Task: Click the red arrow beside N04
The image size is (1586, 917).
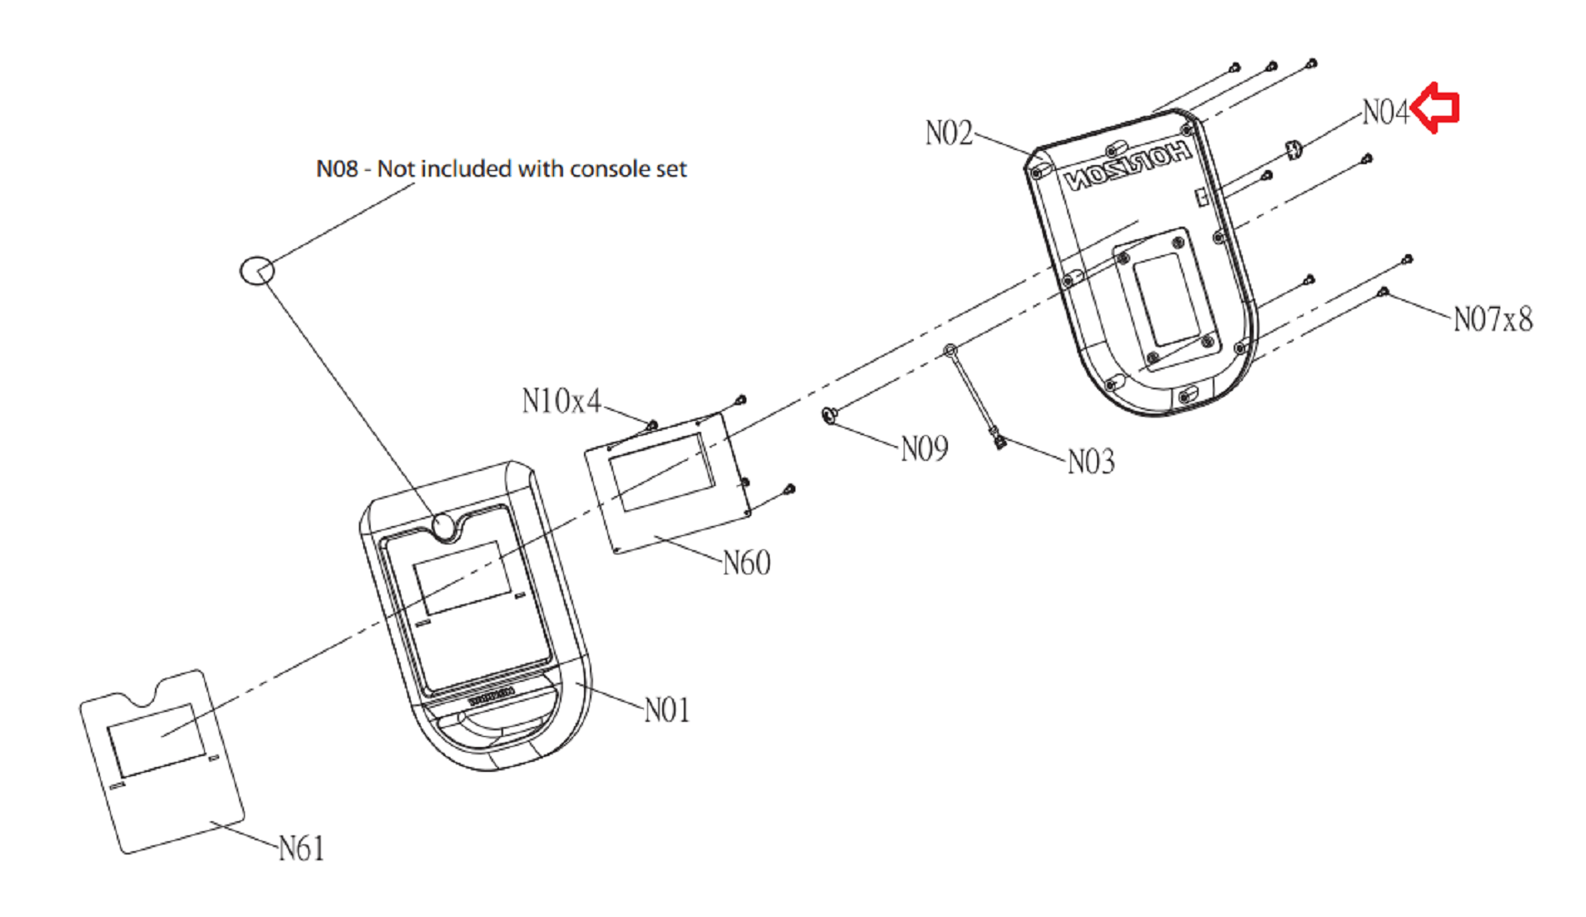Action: (1437, 108)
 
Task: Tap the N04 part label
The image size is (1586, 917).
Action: (1385, 112)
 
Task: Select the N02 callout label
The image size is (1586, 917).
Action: (949, 133)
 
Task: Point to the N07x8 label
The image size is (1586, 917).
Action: (1493, 318)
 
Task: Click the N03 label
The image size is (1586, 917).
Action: (1091, 461)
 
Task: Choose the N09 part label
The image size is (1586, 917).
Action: (925, 449)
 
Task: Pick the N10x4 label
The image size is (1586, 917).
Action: (561, 401)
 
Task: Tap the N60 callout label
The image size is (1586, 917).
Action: (746, 564)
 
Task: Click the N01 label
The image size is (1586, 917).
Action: (667, 710)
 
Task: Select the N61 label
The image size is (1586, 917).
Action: (301, 849)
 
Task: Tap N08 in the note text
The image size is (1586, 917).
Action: (337, 169)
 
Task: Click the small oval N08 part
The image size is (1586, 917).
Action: (257, 270)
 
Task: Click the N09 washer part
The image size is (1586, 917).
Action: (829, 414)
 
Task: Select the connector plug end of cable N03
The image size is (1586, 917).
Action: (1000, 440)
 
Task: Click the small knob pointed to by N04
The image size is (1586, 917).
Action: (1294, 150)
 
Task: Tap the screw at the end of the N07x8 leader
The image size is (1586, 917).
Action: (1384, 292)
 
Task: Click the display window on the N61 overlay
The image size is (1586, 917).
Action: (157, 740)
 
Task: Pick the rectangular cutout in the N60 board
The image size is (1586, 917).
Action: (662, 472)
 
